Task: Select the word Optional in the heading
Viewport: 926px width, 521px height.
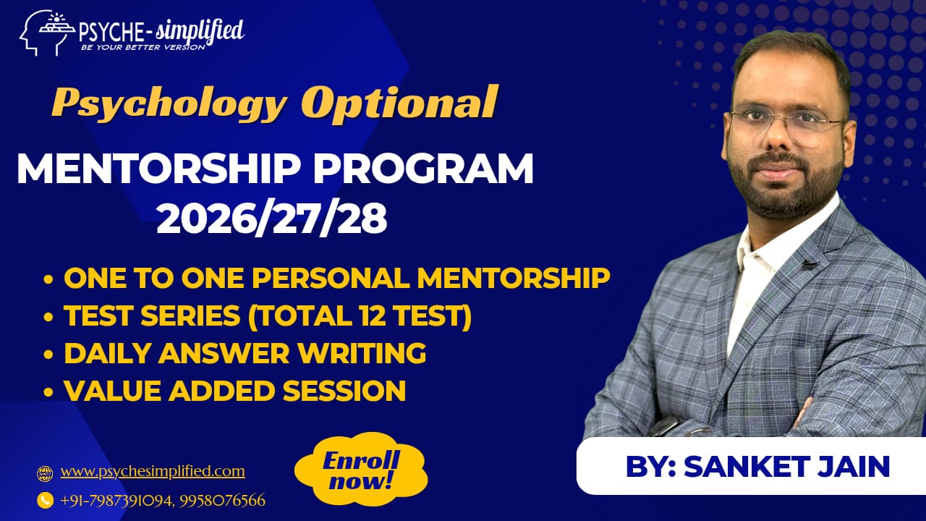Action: tap(399, 101)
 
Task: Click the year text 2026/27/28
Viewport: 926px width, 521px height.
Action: tap(271, 219)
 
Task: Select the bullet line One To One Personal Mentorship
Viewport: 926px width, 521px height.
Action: tap(336, 279)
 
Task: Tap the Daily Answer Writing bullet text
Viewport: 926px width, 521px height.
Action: tap(245, 354)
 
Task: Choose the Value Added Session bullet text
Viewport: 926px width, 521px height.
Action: tap(234, 391)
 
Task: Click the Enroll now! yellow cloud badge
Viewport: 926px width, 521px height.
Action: tap(361, 470)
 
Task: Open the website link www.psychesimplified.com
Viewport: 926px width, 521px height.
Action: tap(153, 472)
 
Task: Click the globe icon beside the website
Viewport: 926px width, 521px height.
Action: tap(45, 474)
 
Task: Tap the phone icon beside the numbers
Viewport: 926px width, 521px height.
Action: tap(45, 499)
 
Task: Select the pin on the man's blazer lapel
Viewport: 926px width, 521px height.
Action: tap(809, 265)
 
